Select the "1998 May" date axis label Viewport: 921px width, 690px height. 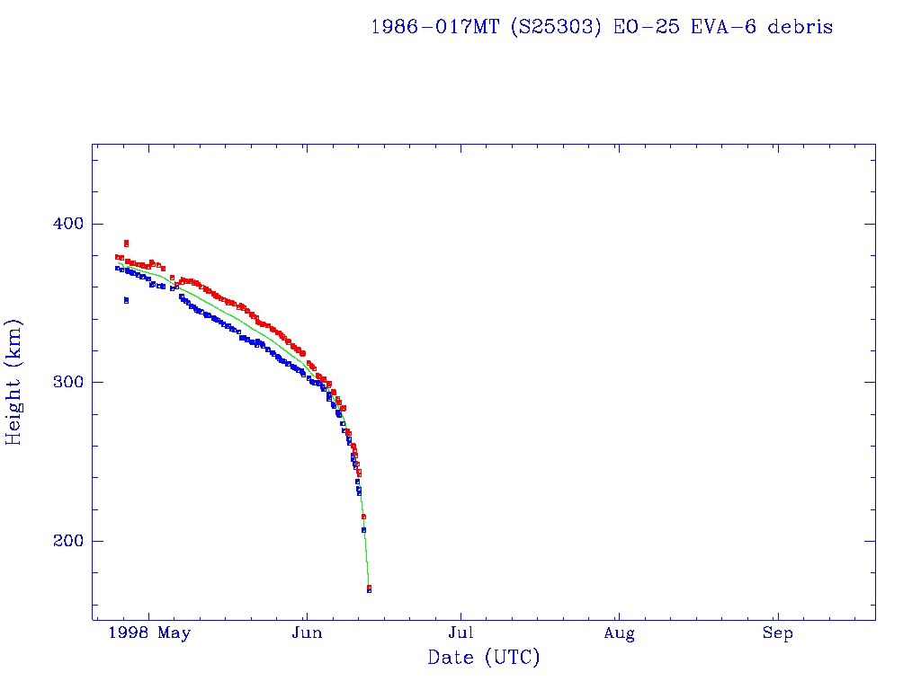[149, 634]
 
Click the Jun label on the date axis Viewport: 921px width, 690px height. [307, 634]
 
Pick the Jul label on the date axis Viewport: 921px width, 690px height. [461, 634]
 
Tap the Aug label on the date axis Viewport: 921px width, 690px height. [619, 634]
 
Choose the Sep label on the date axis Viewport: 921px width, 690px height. [778, 634]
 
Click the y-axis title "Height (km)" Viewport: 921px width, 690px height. [14, 382]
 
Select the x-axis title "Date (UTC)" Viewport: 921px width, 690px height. [484, 659]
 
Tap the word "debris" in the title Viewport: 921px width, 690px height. [800, 27]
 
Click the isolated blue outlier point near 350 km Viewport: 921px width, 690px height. [126, 300]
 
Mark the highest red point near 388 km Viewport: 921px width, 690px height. [126, 243]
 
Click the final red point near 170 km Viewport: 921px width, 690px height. [369, 587]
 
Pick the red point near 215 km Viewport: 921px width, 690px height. [363, 517]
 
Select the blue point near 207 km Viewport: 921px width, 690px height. [363, 530]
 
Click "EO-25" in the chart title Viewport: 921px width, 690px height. [642, 27]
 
